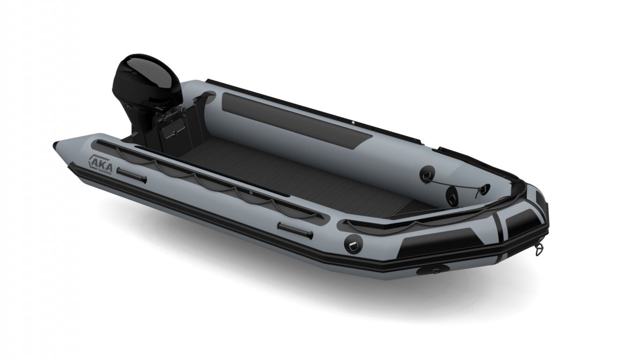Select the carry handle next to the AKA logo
132,175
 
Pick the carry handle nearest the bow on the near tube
295,231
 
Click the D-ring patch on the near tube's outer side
353,243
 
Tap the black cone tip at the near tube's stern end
56,144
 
